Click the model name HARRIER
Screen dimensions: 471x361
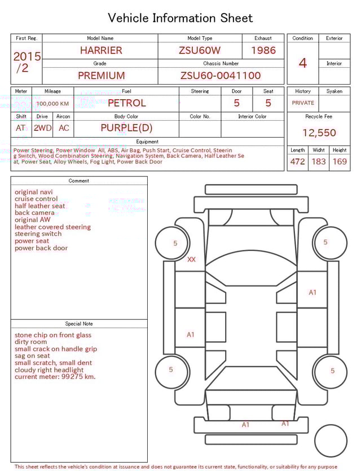[100, 50]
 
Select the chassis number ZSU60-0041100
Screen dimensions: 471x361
[221, 76]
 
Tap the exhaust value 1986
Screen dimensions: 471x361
[263, 50]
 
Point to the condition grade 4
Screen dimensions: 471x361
[302, 63]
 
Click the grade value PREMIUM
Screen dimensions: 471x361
[101, 76]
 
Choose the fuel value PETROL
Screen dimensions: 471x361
[126, 103]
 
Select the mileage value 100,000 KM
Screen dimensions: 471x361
[52, 104]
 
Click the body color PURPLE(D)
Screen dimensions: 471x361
[126, 127]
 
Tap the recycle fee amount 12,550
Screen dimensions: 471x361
[319, 133]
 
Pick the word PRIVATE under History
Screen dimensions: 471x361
[303, 103]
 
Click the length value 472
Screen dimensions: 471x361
[297, 161]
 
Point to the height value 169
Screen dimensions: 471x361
[340, 161]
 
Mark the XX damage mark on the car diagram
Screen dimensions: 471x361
[191, 259]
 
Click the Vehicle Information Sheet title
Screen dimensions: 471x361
[180, 18]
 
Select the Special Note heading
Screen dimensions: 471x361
[79, 324]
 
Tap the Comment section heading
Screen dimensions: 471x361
[79, 181]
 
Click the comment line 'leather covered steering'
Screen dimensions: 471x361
[52, 227]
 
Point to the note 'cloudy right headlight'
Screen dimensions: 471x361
[49, 370]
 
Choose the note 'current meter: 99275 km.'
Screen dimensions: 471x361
[55, 377]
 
